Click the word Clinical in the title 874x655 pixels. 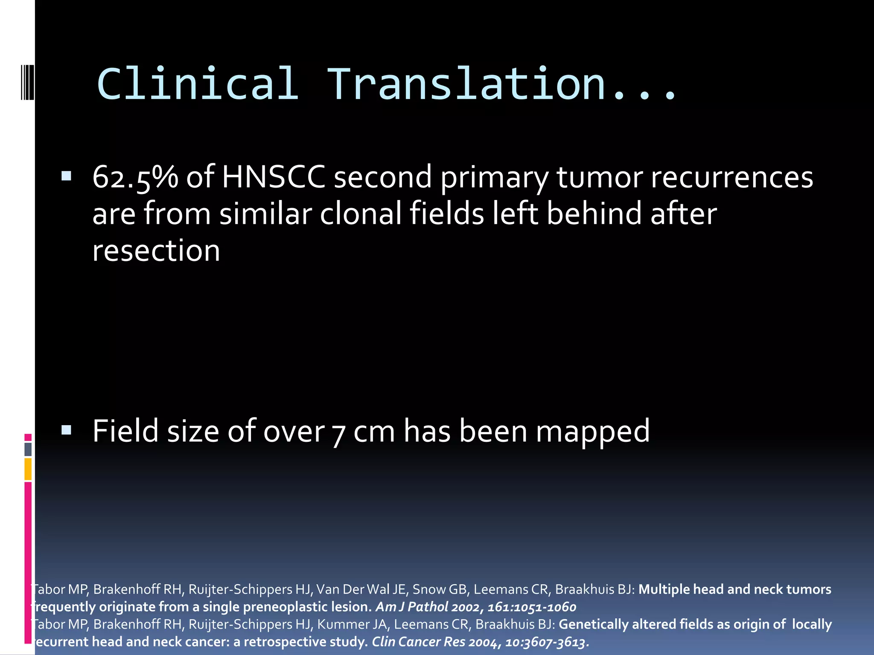point(198,84)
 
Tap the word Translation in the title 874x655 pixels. point(466,84)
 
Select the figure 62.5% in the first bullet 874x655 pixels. point(135,177)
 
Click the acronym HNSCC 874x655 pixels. point(273,177)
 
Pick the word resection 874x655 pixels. point(156,250)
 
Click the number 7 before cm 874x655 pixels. point(338,433)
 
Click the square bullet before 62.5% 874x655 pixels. point(66,176)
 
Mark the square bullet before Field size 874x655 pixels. point(66,430)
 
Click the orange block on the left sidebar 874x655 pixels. point(28,469)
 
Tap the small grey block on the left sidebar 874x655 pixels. point(28,449)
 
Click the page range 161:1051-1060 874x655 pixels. point(532,607)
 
